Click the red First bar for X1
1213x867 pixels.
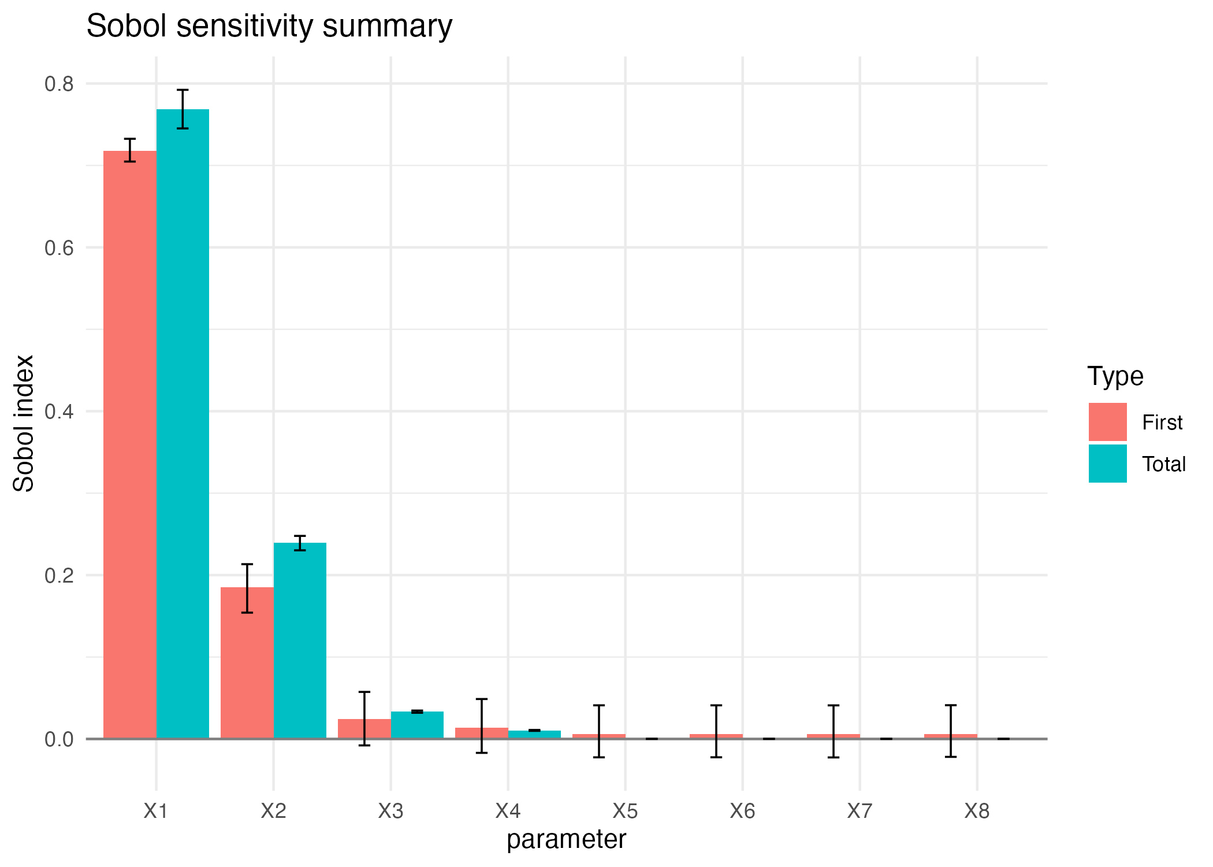point(130,445)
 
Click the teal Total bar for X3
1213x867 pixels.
point(417,725)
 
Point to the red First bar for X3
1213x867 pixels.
point(364,729)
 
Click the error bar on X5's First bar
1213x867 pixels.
point(599,731)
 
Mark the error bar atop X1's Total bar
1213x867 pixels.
point(183,109)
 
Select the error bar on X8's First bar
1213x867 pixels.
point(951,731)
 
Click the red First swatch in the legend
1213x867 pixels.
point(1107,422)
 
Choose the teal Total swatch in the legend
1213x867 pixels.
point(1107,464)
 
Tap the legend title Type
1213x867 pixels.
point(1115,376)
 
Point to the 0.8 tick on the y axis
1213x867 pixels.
point(59,84)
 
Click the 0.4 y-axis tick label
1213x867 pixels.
point(59,412)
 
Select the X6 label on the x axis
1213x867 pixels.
point(742,812)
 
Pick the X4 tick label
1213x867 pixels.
point(508,812)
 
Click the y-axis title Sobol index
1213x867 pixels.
point(24,423)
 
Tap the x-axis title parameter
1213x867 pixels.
point(566,839)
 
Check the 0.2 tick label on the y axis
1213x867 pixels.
point(59,576)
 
